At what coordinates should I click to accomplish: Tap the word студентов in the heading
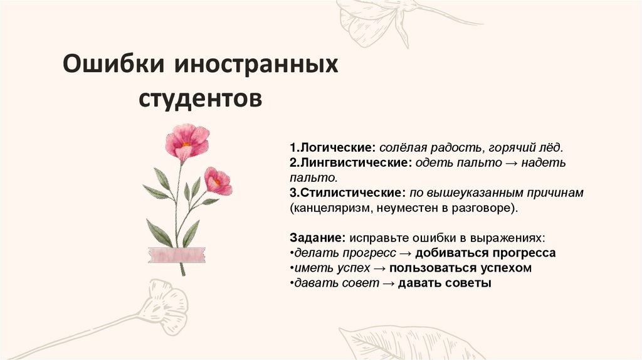point(200,98)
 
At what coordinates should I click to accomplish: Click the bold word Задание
point(317,238)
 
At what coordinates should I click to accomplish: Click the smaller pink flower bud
point(218,181)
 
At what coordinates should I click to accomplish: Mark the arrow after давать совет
point(388,283)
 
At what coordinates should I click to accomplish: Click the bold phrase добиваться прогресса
point(485,253)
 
